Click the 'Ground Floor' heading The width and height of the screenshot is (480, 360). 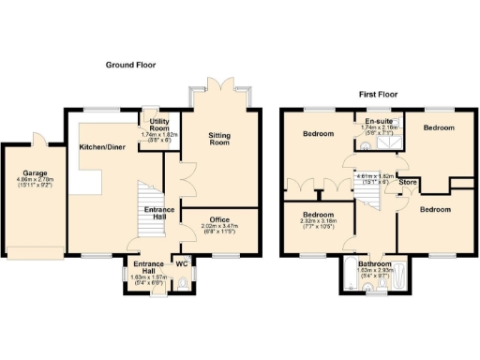pyautogui.click(x=130, y=66)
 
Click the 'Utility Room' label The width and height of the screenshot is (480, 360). pyautogui.click(x=155, y=125)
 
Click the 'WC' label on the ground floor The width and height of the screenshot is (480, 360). pyautogui.click(x=182, y=262)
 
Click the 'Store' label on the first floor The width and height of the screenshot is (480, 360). pyautogui.click(x=409, y=195)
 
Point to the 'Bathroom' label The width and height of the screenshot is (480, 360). pyautogui.click(x=376, y=263)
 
